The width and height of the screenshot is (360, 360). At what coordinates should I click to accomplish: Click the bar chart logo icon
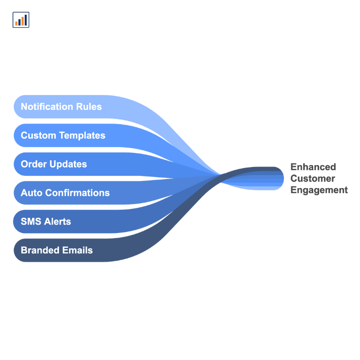(21, 20)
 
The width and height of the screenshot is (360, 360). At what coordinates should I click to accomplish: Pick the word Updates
(68, 164)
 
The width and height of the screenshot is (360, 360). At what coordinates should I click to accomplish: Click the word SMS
(31, 221)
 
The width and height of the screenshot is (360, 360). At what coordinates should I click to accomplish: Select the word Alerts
(57, 221)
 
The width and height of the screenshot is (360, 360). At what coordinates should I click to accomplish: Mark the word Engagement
(319, 190)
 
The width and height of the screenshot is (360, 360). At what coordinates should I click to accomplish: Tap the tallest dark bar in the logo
(26, 19)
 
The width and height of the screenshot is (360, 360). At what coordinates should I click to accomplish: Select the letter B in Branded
(24, 250)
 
